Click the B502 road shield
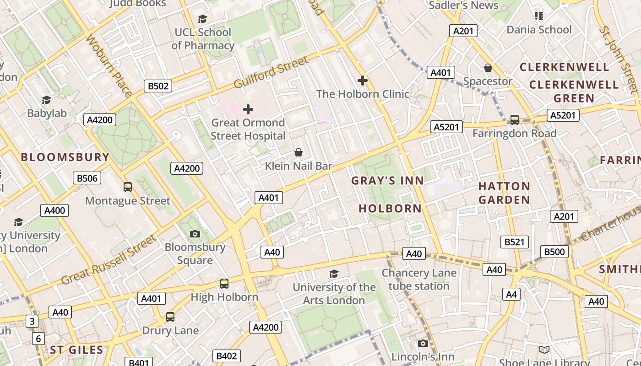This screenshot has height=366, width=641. [x=158, y=86]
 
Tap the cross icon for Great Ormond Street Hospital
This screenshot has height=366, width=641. [x=248, y=109]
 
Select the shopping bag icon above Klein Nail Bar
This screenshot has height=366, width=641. [x=299, y=152]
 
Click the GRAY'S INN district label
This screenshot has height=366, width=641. [x=387, y=181]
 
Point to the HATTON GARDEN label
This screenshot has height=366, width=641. [x=504, y=193]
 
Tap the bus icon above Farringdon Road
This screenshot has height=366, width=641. [x=515, y=120]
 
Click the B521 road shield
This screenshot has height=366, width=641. [x=514, y=242]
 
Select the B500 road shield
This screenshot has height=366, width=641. [x=554, y=252]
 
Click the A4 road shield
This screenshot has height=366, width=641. [x=511, y=294]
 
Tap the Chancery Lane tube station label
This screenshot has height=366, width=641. [x=419, y=280]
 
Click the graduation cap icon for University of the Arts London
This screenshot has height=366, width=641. [x=334, y=274]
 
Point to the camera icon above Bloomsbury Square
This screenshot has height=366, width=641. [x=195, y=234]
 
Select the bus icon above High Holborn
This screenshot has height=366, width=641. [x=224, y=284]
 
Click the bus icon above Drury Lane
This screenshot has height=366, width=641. [x=170, y=317]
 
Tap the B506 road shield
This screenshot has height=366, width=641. [x=87, y=178]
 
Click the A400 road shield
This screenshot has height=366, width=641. [x=54, y=210]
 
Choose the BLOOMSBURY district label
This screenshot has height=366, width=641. [x=65, y=157]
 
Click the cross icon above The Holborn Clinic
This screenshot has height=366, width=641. [x=363, y=81]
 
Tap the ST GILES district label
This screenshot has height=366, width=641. [x=76, y=350]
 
